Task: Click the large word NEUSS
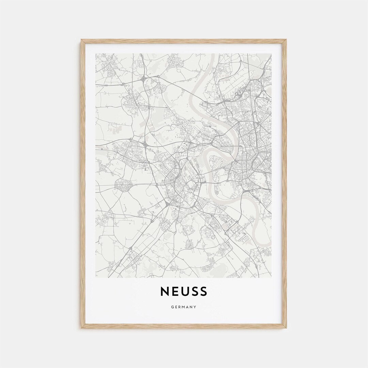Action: [184, 292]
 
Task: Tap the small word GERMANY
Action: [184, 307]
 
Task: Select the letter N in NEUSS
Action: [165, 292]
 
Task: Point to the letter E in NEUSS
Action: [174, 292]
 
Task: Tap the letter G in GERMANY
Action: [173, 307]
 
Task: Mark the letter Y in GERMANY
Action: [195, 307]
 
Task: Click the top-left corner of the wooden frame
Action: [81, 40]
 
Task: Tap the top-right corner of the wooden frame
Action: [286, 40]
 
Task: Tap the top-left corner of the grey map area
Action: [96, 54]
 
